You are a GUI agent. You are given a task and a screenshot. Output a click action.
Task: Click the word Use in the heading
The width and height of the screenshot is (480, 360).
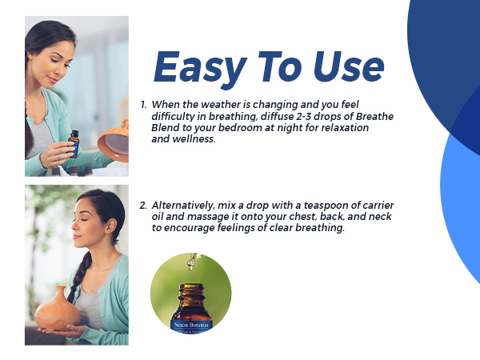346,68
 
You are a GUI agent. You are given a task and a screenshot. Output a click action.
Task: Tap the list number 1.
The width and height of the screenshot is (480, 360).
143,105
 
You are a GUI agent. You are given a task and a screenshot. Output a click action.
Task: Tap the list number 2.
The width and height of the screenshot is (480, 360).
143,206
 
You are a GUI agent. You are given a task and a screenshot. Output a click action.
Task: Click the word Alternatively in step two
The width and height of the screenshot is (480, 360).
183,206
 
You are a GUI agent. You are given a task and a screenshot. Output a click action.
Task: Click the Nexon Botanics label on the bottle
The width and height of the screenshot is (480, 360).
190,326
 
